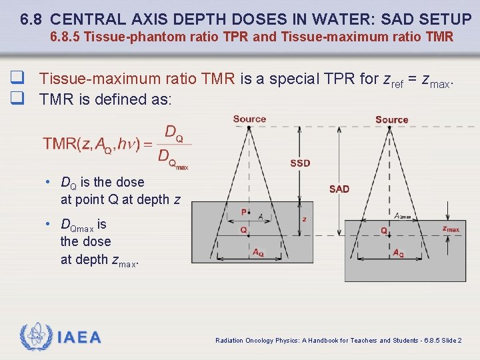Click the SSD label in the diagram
click(x=300, y=163)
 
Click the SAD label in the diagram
click(x=339, y=189)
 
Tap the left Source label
click(x=249, y=119)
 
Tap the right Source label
click(x=391, y=120)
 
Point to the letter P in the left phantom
click(x=244, y=213)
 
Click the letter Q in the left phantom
click(x=244, y=230)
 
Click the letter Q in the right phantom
click(x=384, y=231)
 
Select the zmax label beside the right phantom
click(x=451, y=229)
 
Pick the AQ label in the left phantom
click(x=258, y=253)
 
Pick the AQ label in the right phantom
click(x=398, y=253)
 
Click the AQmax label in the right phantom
click(x=403, y=216)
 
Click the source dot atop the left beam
click(x=249, y=128)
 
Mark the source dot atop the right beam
click(x=391, y=129)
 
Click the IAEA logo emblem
click(x=35, y=337)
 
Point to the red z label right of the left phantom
click(x=304, y=219)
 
